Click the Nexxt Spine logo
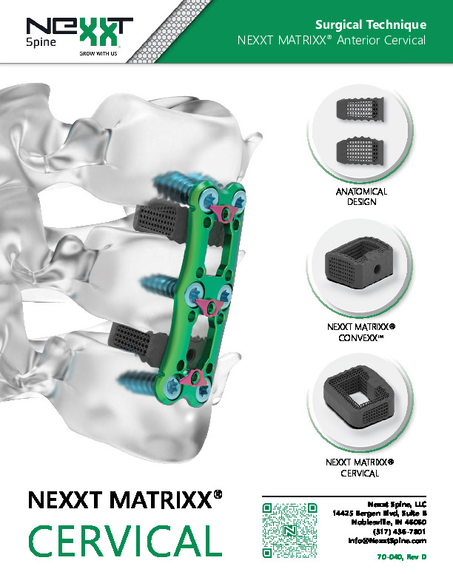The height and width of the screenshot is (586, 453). tap(79, 36)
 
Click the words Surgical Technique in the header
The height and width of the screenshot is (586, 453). tap(370, 24)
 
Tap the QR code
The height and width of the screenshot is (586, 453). tap(289, 531)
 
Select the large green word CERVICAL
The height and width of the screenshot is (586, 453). tap(126, 540)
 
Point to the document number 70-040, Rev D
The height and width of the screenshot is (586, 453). tap(401, 557)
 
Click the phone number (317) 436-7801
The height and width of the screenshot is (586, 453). tap(399, 531)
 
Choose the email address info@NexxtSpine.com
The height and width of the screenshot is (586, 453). tap(387, 540)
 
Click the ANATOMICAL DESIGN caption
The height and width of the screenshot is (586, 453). tap(361, 197)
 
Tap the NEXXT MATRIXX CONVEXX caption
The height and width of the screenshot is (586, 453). tap(361, 332)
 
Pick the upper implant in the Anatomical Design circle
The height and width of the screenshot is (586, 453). tap(360, 109)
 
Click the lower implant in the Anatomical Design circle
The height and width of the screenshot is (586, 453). tap(360, 152)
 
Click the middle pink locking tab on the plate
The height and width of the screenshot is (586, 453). tap(209, 307)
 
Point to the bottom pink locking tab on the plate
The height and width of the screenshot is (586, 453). tap(193, 380)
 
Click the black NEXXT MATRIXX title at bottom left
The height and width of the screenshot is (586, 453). tap(125, 500)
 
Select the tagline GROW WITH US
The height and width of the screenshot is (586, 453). tap(98, 53)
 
